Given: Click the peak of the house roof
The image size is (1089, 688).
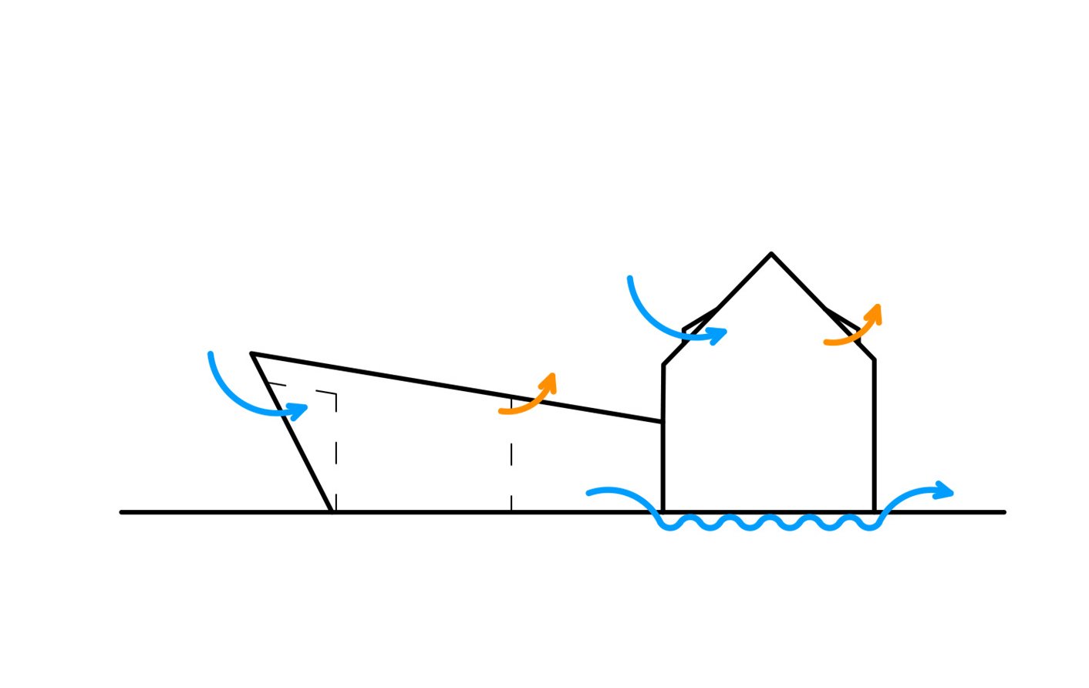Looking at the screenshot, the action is [x=770, y=254].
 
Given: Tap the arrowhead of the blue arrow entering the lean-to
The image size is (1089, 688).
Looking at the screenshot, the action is [x=298, y=410].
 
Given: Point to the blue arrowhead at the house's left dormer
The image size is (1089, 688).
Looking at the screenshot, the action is [x=718, y=335].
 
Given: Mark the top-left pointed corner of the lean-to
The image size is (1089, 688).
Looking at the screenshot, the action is [x=252, y=354].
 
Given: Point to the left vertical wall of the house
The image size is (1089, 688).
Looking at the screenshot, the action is [x=663, y=463].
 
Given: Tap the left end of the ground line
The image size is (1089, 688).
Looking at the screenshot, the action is [x=123, y=512].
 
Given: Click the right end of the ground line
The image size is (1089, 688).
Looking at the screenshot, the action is [x=1003, y=512].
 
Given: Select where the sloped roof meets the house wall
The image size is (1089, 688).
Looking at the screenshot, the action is [x=663, y=422].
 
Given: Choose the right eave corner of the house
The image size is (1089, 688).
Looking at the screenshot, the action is [x=874, y=360].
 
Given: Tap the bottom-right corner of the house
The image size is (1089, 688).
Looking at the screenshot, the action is [x=874, y=511].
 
